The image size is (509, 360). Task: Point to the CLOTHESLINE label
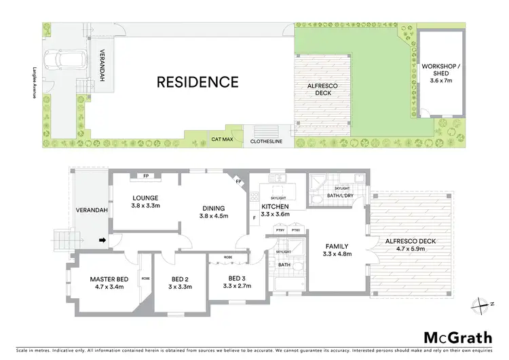tap(266, 143)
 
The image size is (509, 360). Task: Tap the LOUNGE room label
tap(145, 198)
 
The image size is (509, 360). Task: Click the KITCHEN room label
tap(275, 206)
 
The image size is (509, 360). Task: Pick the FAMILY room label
tap(337, 247)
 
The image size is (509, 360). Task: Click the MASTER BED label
tap(109, 278)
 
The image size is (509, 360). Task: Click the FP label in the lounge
tap(146, 176)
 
